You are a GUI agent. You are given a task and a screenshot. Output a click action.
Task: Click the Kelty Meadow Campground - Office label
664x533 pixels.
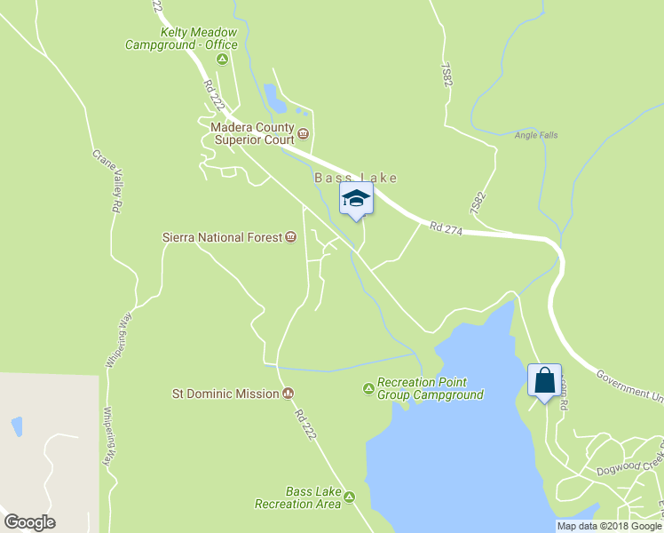pyautogui.click(x=181, y=38)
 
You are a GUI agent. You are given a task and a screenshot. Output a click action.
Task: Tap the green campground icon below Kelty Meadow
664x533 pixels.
pyautogui.click(x=222, y=60)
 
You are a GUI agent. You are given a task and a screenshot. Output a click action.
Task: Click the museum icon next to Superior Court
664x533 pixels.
pyautogui.click(x=304, y=134)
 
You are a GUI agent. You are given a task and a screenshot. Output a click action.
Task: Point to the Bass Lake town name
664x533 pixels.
pyautogui.click(x=355, y=178)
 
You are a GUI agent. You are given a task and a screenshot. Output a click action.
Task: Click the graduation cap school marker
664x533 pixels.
pyautogui.click(x=356, y=198)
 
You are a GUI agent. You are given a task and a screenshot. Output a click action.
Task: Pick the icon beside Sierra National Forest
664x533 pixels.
pyautogui.click(x=290, y=237)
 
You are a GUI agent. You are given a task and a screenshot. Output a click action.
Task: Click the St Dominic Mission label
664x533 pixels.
pyautogui.click(x=225, y=394)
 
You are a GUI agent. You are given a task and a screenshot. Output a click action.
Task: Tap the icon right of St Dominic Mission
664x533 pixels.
pyautogui.click(x=288, y=394)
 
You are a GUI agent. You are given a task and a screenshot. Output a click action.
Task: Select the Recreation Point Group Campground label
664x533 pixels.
pyautogui.click(x=431, y=388)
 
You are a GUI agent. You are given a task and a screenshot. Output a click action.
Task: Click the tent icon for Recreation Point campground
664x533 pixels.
pyautogui.click(x=368, y=388)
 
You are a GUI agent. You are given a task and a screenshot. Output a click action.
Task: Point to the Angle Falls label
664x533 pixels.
pyautogui.click(x=536, y=136)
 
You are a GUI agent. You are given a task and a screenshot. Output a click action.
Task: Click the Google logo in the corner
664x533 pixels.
pyautogui.click(x=29, y=522)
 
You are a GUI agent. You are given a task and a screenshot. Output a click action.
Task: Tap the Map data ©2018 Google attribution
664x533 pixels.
pyautogui.click(x=609, y=526)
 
